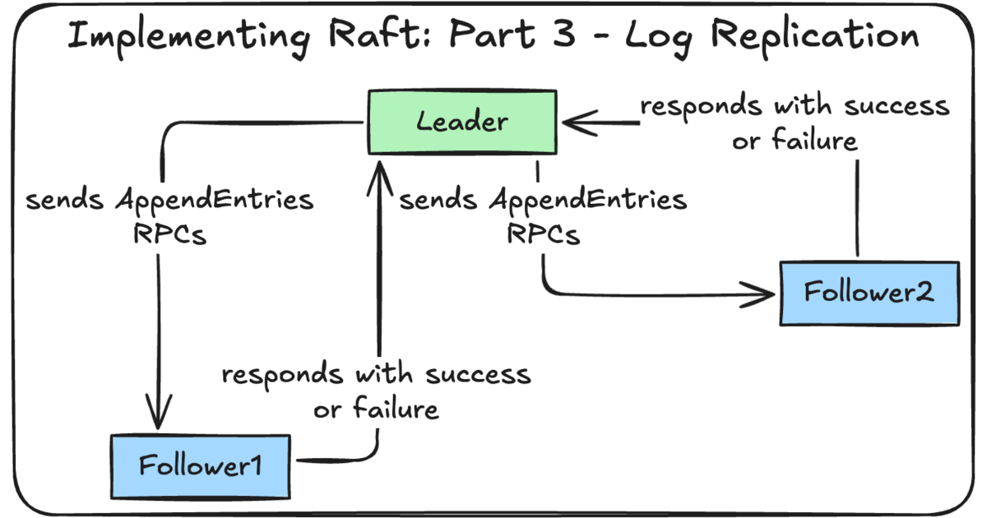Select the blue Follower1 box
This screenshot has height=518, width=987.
tap(200, 465)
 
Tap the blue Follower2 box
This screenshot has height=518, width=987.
tap(869, 293)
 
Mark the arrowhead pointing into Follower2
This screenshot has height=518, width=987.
tap(762, 293)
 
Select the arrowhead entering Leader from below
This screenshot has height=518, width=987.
tap(379, 170)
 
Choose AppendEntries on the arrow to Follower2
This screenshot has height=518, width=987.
tap(588, 200)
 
